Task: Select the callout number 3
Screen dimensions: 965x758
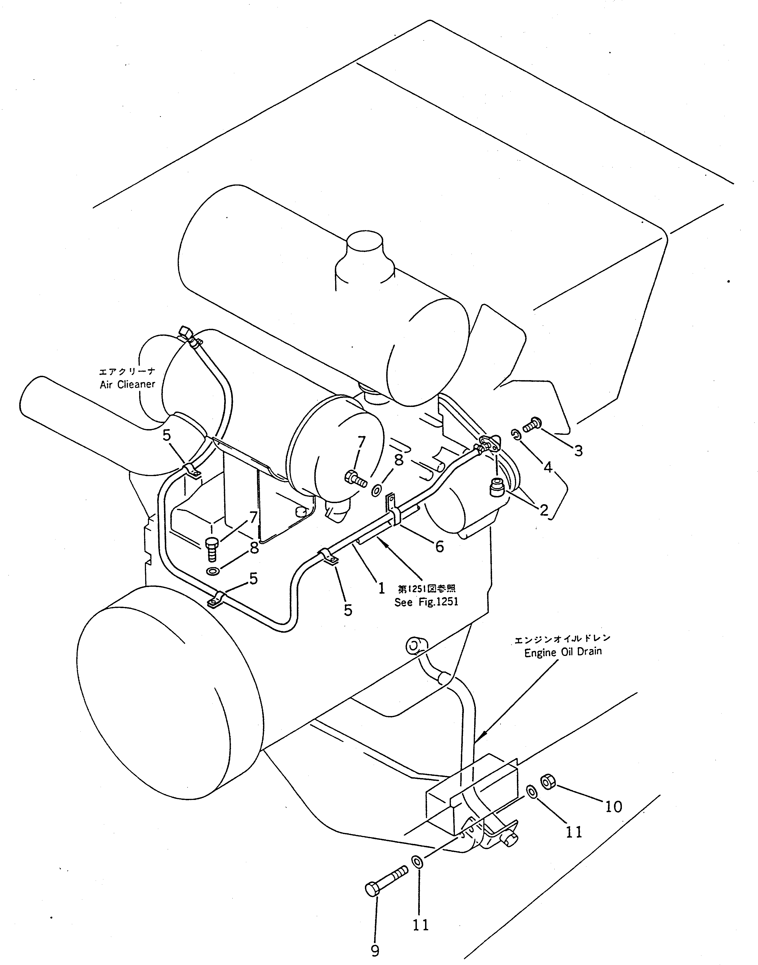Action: tap(578, 451)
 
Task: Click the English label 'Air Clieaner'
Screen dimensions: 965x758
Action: tap(127, 384)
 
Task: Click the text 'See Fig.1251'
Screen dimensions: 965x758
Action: tap(426, 602)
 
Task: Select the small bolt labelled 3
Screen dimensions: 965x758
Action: tap(531, 425)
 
